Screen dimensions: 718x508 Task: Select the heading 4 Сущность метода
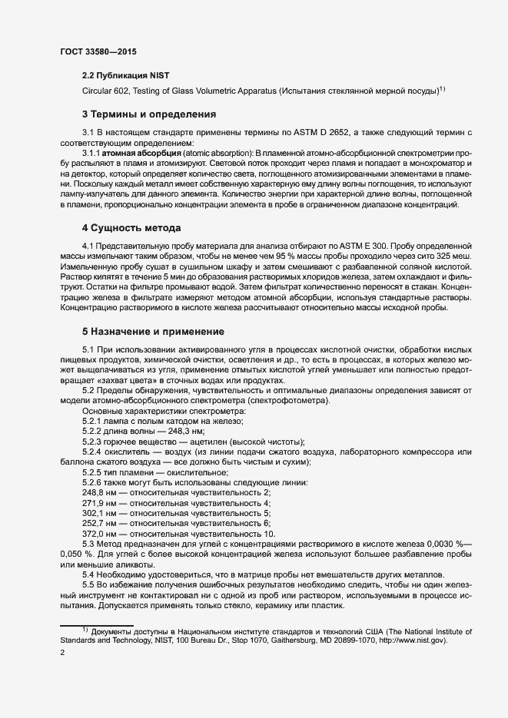point(131,229)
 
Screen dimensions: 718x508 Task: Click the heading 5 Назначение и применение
point(153,332)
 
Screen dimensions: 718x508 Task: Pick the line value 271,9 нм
point(99,501)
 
